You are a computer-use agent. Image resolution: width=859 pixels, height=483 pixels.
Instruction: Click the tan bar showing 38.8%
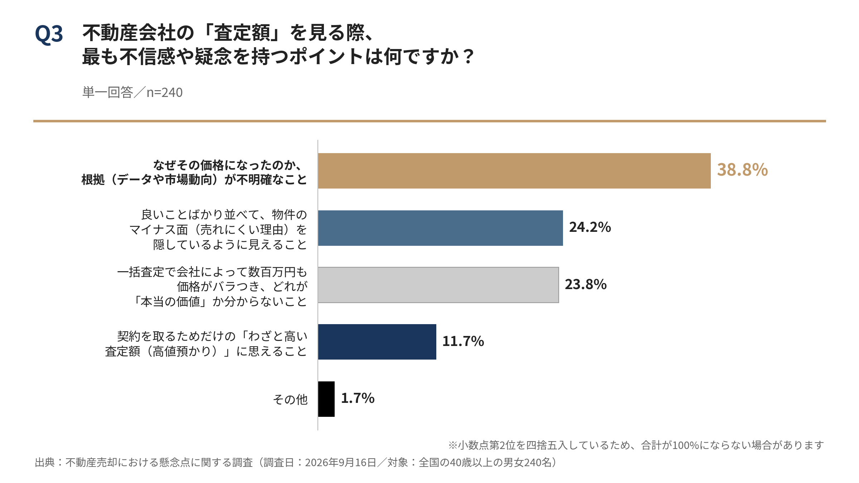click(514, 171)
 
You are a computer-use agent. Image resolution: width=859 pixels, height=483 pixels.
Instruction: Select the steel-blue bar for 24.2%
click(441, 228)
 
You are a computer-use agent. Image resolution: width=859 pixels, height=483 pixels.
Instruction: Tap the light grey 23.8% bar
click(438, 285)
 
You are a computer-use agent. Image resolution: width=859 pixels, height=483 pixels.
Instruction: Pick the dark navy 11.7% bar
click(377, 342)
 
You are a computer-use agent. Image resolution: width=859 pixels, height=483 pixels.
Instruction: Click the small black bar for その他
click(326, 399)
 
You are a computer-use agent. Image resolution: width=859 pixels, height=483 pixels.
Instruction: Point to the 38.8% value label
click(742, 170)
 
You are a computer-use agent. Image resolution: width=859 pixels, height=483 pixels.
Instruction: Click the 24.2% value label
click(590, 227)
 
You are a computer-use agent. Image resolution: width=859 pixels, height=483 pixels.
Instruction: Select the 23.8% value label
click(586, 284)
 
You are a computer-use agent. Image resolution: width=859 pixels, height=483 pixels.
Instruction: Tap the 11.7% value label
click(463, 341)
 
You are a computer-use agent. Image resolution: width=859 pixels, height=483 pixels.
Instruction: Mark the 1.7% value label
click(358, 398)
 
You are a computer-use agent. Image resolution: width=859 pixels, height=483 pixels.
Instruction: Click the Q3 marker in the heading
click(49, 34)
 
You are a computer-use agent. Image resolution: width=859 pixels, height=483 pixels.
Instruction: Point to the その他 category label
click(290, 399)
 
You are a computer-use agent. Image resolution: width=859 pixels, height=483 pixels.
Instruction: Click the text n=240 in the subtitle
click(165, 93)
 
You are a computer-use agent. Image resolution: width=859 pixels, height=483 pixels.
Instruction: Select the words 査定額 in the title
click(242, 33)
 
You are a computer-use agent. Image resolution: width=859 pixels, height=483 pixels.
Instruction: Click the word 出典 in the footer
click(45, 463)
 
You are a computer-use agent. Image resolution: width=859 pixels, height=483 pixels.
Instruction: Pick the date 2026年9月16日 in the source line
click(340, 463)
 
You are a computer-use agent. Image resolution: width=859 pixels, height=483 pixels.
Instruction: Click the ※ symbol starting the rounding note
click(453, 445)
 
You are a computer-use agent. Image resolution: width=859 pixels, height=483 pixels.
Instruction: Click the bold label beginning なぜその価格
click(194, 172)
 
